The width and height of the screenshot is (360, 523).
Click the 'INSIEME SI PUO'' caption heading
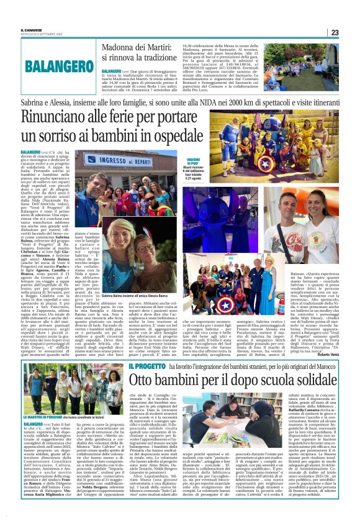[x=171, y=162]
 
